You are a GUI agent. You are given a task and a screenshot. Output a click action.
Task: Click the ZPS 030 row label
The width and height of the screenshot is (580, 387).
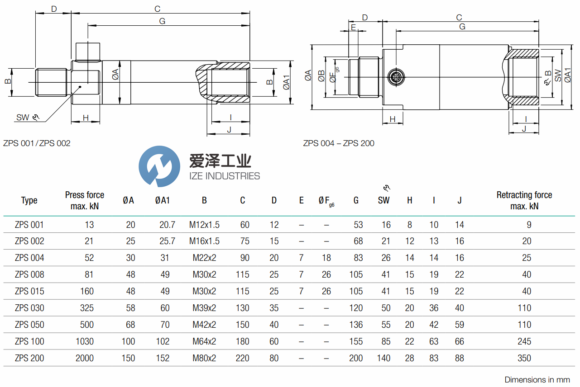coord(29,308)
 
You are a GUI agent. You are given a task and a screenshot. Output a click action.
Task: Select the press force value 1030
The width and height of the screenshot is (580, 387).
coord(84,341)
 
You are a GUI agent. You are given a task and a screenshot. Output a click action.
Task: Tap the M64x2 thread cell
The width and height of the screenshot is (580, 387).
coord(204,341)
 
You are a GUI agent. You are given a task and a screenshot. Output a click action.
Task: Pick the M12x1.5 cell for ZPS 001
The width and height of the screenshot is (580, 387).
coord(204,225)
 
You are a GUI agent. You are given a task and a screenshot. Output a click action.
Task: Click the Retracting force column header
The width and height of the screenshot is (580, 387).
coord(524,200)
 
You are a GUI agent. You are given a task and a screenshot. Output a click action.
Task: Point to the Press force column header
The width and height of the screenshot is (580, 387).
coord(84,200)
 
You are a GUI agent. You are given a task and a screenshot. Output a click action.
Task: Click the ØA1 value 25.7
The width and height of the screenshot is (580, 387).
coord(165,241)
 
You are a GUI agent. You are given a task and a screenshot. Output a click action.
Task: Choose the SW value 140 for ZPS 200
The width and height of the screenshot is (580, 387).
coord(383,358)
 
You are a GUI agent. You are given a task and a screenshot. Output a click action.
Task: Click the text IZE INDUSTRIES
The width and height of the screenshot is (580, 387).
coord(224,176)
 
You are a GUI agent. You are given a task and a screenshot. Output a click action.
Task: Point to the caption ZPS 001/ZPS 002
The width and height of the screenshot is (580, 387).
coord(37,143)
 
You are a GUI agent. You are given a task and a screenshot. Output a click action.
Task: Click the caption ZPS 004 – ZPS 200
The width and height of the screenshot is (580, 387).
coord(339,143)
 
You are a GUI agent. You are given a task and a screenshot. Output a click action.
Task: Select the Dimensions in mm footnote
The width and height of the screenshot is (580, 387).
coord(537,380)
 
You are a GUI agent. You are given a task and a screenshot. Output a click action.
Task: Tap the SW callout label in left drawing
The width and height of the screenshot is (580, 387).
coord(23,118)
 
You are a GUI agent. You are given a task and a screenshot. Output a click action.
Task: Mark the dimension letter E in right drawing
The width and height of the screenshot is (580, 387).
coord(353,27)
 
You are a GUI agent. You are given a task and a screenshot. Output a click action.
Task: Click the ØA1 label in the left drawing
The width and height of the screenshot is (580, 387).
coord(286,82)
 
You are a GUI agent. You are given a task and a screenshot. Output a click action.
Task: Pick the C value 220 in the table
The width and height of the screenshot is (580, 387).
coord(243,358)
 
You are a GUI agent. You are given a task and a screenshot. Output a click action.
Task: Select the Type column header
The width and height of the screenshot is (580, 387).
coord(29,201)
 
